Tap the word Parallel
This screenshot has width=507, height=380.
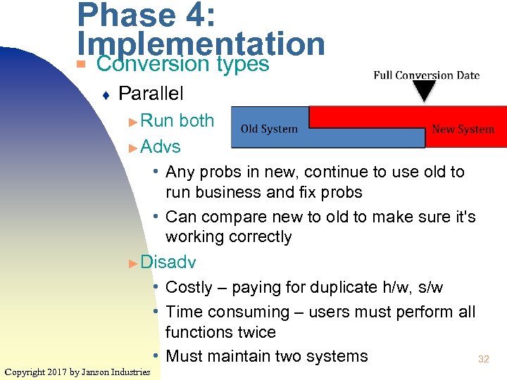(151, 93)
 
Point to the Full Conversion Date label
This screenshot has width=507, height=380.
(426, 75)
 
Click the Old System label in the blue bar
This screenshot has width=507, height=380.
(269, 129)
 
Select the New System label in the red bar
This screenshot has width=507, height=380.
(463, 129)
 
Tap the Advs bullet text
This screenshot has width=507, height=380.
(161, 146)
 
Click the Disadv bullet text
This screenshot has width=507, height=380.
(168, 262)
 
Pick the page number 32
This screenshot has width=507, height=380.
(483, 359)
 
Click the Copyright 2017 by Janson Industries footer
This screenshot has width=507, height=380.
(77, 372)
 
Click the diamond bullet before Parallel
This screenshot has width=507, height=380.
(104, 94)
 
